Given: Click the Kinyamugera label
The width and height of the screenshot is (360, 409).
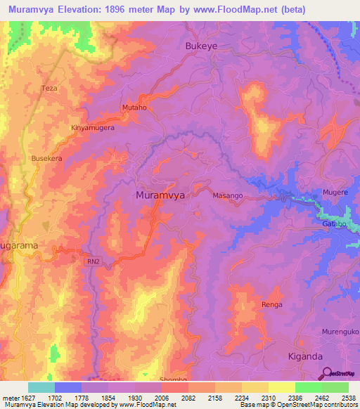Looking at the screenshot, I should (x=92, y=129).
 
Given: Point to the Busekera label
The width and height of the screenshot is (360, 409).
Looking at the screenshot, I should (x=47, y=159).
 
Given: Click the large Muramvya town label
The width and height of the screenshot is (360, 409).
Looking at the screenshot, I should (x=160, y=195).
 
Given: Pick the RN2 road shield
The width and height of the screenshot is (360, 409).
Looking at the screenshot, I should (x=93, y=261).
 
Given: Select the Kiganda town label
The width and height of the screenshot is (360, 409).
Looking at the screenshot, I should (x=307, y=356).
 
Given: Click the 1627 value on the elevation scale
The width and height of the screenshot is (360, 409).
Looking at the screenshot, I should (x=24, y=398).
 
